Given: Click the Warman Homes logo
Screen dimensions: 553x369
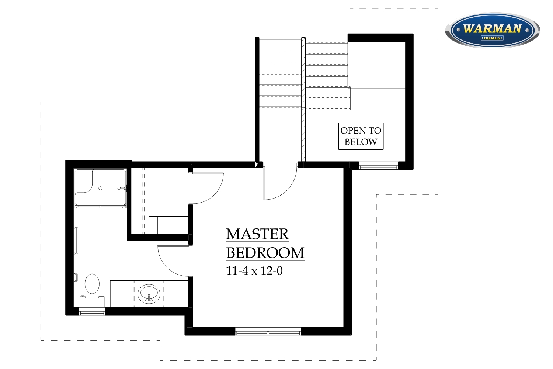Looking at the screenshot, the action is pyautogui.click(x=492, y=30).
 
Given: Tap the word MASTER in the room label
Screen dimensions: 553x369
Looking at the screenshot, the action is pyautogui.click(x=257, y=234).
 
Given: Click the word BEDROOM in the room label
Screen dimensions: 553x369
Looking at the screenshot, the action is pyautogui.click(x=265, y=253).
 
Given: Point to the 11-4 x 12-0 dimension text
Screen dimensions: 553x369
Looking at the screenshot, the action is pyautogui.click(x=254, y=271).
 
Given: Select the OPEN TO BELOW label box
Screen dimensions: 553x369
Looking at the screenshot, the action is pyautogui.click(x=361, y=136).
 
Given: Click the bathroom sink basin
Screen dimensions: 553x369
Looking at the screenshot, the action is pyautogui.click(x=149, y=294).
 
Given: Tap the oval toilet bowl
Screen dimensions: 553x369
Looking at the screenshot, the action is pyautogui.click(x=92, y=284).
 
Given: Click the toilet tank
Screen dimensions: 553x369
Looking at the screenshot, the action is pyautogui.click(x=92, y=301).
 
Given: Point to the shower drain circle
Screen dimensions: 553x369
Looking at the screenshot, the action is pyautogui.click(x=100, y=188).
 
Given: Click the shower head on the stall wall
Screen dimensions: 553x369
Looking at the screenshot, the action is pyautogui.click(x=122, y=188).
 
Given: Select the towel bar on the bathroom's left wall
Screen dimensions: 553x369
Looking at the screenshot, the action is pyautogui.click(x=76, y=241).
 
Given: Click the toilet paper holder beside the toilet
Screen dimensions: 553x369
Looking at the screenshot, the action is pyautogui.click(x=76, y=277).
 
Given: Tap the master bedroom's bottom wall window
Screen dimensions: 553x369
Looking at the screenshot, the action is pyautogui.click(x=268, y=331).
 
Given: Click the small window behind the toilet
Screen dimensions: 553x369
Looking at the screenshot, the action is pyautogui.click(x=92, y=312).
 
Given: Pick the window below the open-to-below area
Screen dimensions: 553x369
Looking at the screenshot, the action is pyautogui.click(x=378, y=166).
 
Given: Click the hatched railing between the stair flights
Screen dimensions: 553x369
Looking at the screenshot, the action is pyautogui.click(x=303, y=99).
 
